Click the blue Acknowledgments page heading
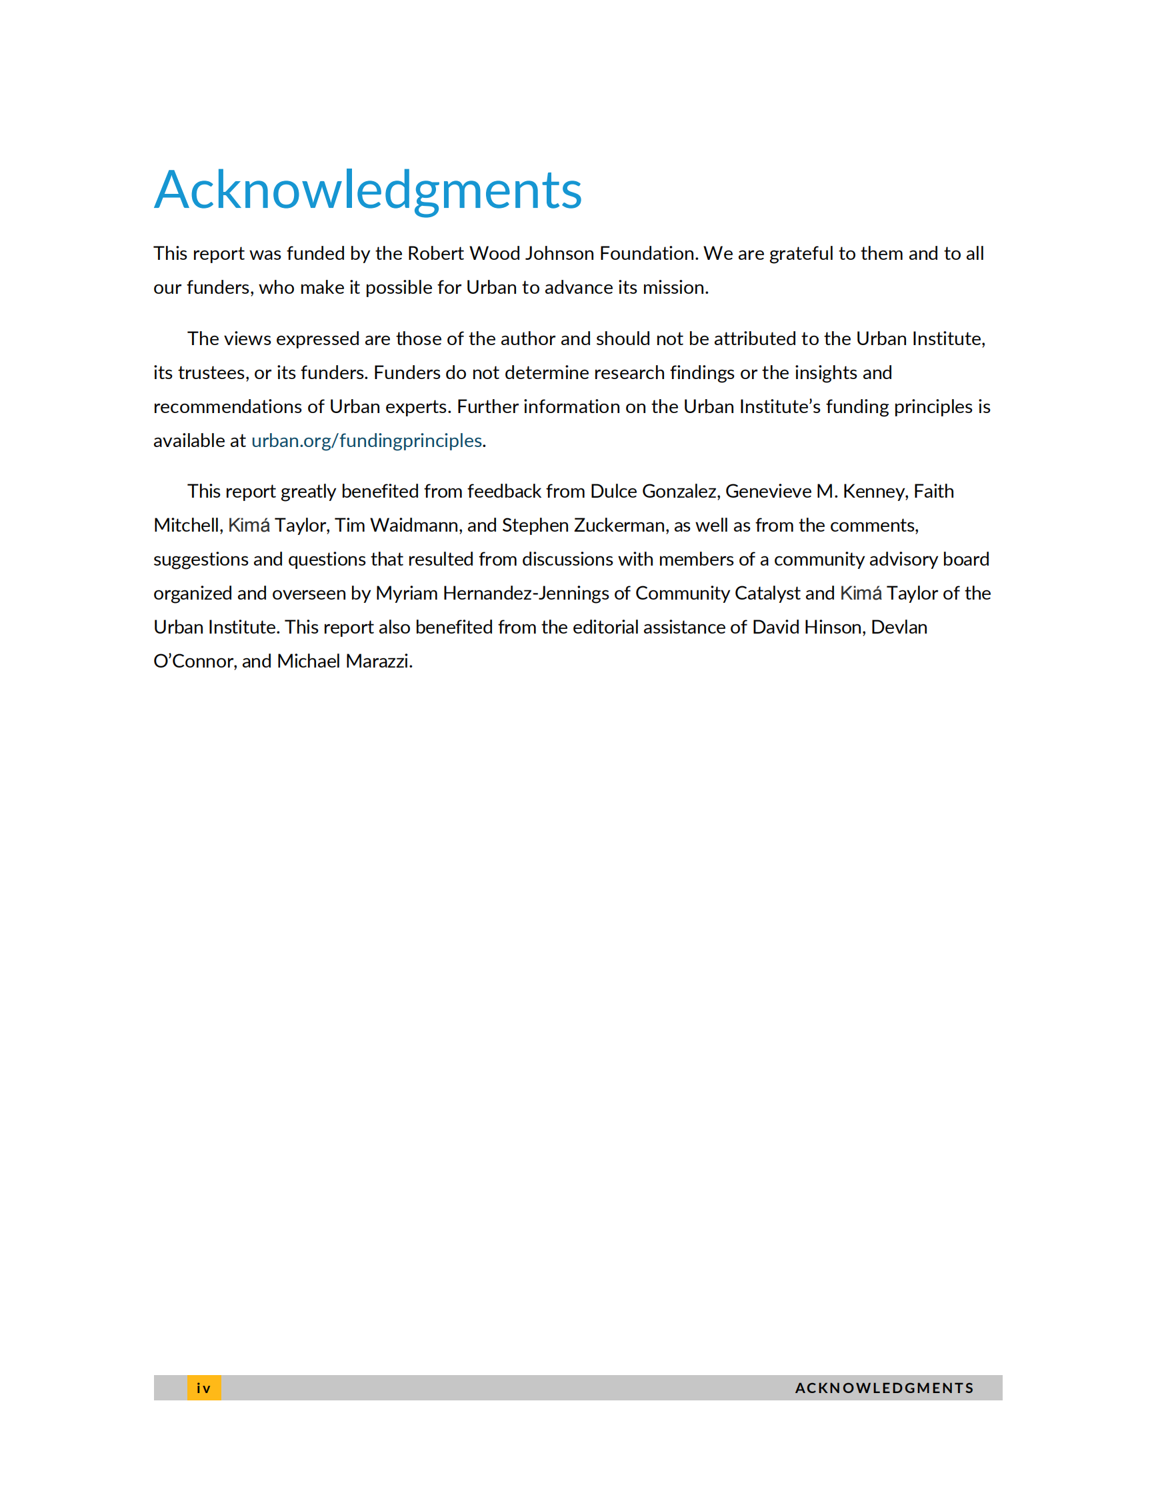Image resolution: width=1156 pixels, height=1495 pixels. [368, 190]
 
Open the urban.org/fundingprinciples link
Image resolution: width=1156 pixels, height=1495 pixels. [367, 441]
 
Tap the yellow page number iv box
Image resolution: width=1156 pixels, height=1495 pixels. [204, 1388]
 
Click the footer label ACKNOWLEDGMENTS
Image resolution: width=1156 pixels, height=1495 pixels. [884, 1388]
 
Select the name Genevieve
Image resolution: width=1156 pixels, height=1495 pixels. [768, 492]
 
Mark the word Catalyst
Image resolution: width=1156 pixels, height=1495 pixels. [767, 594]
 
